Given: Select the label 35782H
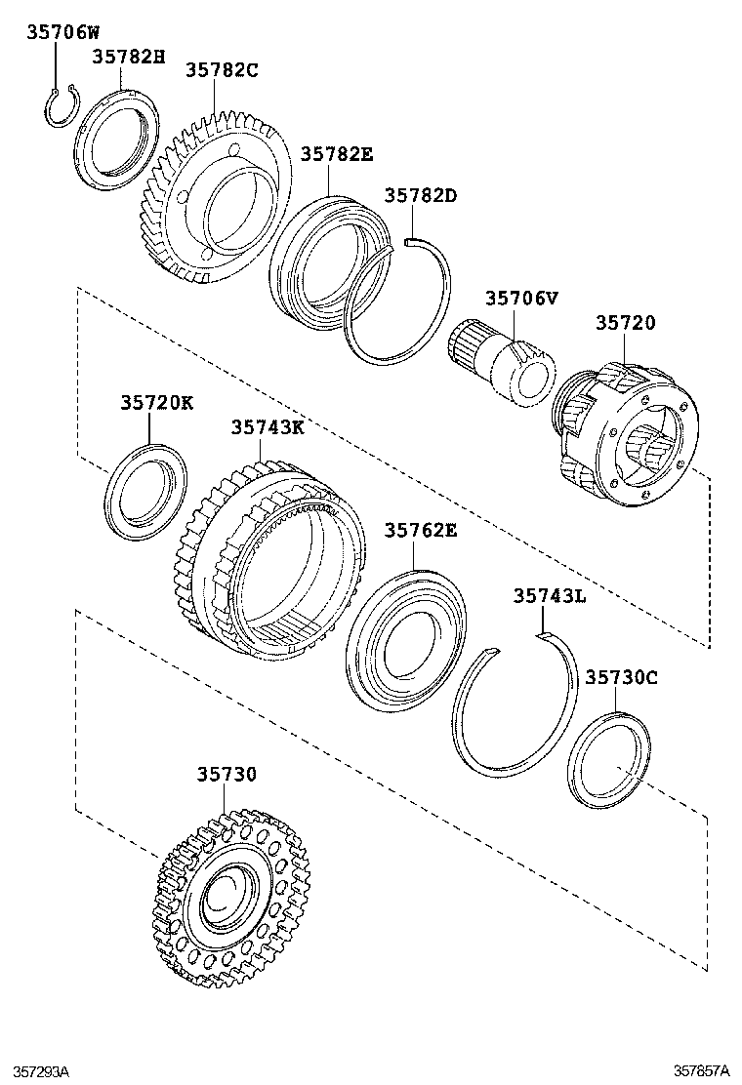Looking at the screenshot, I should [x=129, y=57].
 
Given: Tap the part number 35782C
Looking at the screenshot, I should [x=221, y=69].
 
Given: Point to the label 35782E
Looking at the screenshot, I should [x=336, y=154].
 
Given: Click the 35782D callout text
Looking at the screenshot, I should [x=420, y=195].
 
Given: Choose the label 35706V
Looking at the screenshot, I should [x=521, y=298].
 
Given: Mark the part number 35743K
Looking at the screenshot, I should [x=268, y=427].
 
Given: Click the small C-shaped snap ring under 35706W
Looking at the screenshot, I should [x=61, y=107].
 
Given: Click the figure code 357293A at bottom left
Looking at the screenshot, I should [x=35, y=1071].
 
